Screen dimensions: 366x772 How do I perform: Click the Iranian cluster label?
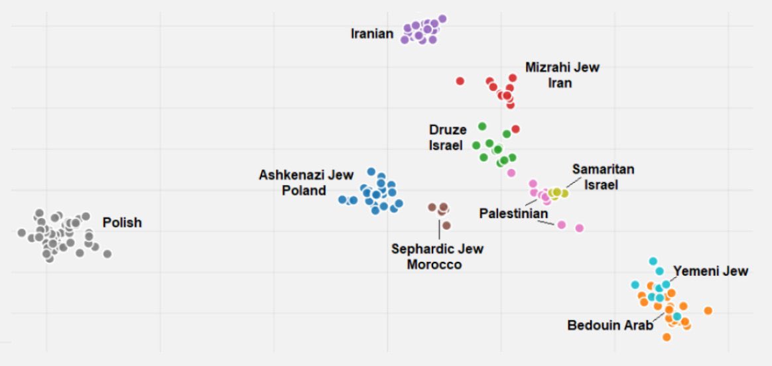click(x=372, y=33)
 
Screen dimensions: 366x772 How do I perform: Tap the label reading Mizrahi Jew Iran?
click(x=562, y=75)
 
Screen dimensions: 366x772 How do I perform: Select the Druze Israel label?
click(x=447, y=137)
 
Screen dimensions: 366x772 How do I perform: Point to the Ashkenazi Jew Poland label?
click(x=296, y=183)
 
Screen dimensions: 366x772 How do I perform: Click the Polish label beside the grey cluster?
click(x=122, y=223)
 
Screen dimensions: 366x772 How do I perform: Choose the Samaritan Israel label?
click(x=602, y=177)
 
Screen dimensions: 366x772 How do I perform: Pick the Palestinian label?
click(x=514, y=214)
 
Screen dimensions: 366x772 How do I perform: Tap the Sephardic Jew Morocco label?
click(x=437, y=257)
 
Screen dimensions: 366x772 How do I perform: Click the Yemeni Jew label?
click(x=710, y=271)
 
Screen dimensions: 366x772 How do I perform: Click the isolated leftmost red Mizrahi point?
click(x=460, y=81)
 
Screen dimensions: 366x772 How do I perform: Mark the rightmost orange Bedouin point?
click(x=708, y=310)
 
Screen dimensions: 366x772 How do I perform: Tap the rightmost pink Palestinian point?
click(x=579, y=228)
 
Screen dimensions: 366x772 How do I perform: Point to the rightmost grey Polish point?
click(x=107, y=253)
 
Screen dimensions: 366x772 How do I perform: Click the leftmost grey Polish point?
click(x=21, y=233)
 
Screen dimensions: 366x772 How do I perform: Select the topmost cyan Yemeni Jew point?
click(x=653, y=261)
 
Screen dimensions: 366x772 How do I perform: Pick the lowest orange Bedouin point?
click(x=667, y=337)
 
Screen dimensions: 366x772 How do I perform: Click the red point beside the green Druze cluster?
click(x=515, y=129)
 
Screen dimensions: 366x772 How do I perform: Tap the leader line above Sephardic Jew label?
click(x=439, y=229)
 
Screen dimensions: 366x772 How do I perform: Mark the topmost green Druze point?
click(x=482, y=126)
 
